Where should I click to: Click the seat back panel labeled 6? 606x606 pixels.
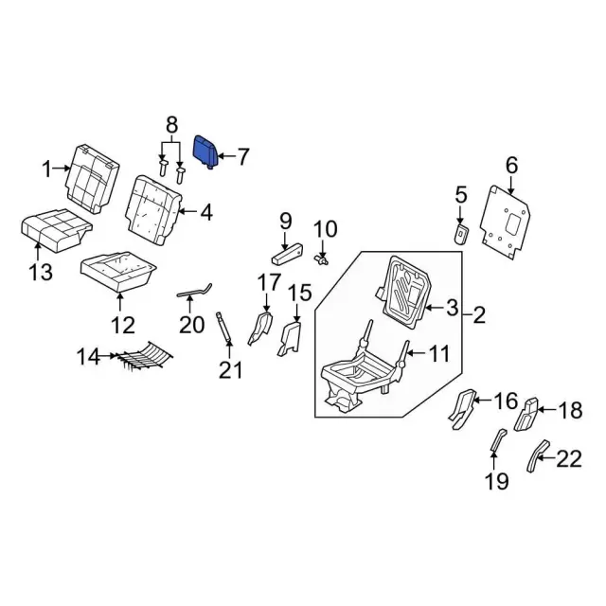coord(509,221)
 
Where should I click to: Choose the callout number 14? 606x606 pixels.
coord(88,357)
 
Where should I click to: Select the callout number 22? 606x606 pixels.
coord(567,459)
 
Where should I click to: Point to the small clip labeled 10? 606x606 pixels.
coord(322,258)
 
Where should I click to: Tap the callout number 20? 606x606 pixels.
coord(192,325)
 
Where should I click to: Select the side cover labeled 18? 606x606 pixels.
coord(526,413)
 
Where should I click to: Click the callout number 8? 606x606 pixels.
coord(171,124)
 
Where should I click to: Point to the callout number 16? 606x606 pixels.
coord(508,401)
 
